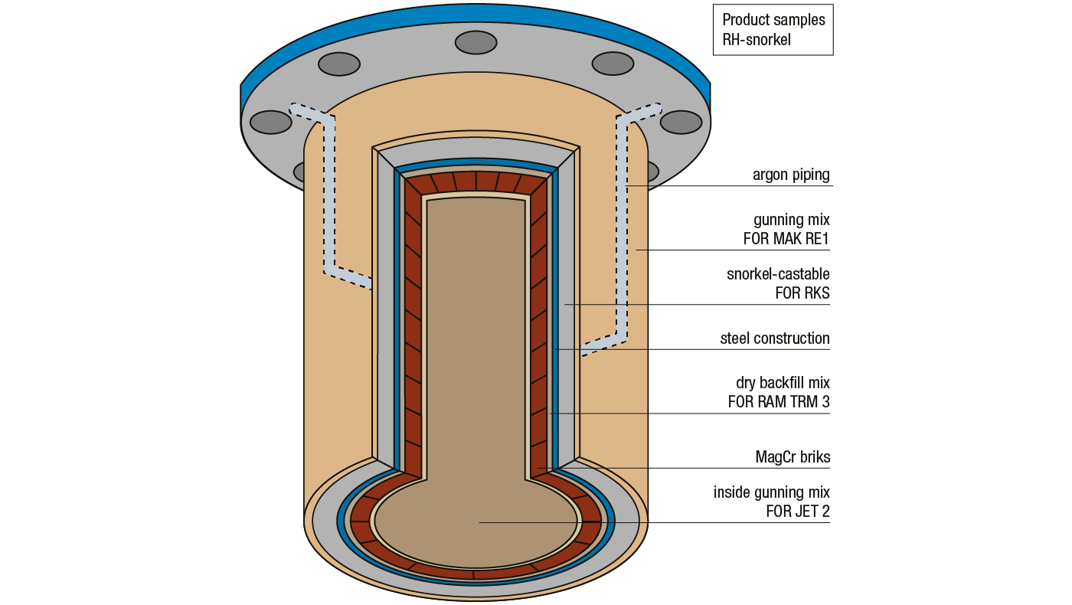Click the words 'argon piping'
(x=790, y=175)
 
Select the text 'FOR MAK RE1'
(x=786, y=239)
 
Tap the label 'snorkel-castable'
(x=777, y=273)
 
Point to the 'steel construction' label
(x=774, y=338)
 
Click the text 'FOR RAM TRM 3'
(x=778, y=401)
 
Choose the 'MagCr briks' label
(x=792, y=457)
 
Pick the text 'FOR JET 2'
(x=797, y=511)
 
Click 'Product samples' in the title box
(x=773, y=19)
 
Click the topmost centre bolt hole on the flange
(x=476, y=43)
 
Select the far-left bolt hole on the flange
(x=270, y=122)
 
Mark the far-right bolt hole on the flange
(x=681, y=122)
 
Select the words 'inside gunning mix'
(x=771, y=492)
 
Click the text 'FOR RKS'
(x=802, y=293)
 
